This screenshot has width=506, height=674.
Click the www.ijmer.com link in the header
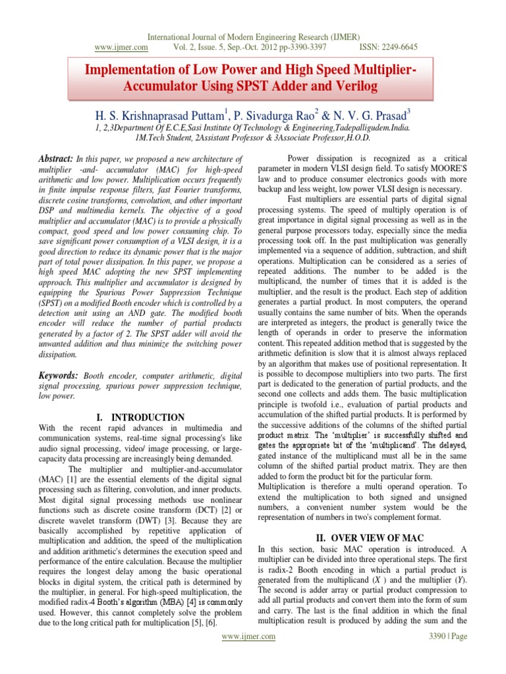pyautogui.click(x=121, y=47)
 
